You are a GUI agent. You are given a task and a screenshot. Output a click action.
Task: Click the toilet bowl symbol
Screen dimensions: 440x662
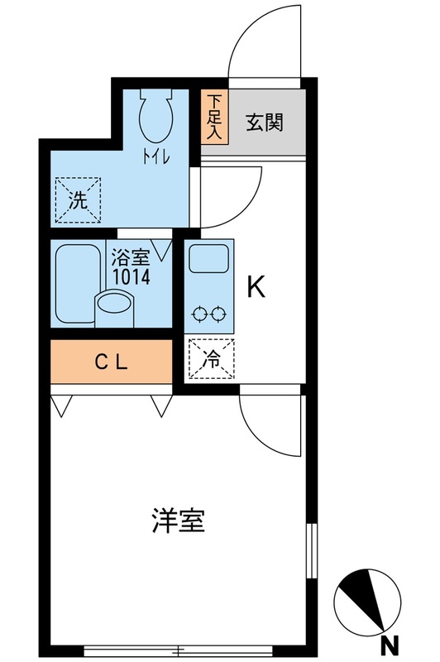(x=156, y=116)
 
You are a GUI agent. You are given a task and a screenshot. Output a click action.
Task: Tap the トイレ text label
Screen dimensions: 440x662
(x=156, y=157)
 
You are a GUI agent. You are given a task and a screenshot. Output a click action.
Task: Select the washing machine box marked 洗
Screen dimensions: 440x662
(x=78, y=199)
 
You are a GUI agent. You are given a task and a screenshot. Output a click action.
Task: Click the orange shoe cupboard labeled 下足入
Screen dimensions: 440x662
(x=215, y=117)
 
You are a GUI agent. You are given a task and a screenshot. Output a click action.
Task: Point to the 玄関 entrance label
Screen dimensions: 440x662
(x=265, y=122)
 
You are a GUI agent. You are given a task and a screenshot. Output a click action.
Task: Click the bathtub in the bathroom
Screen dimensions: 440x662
(x=76, y=284)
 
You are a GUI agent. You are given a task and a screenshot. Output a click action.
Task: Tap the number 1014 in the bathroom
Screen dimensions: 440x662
(x=131, y=277)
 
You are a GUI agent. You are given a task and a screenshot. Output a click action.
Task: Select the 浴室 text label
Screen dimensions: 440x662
(x=131, y=257)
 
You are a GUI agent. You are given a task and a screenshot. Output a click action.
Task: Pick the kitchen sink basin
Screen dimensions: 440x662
(x=208, y=258)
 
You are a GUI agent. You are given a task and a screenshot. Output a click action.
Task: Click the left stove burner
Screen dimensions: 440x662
(x=198, y=314)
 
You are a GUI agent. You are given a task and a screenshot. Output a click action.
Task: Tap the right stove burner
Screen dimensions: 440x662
(x=218, y=314)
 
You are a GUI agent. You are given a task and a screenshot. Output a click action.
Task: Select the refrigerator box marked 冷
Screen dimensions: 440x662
(x=212, y=358)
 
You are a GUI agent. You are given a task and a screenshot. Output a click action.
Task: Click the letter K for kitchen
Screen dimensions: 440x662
(x=256, y=286)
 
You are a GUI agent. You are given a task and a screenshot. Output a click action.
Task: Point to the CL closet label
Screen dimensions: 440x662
(x=112, y=362)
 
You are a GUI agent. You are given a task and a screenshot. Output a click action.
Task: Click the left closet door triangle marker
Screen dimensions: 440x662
(x=61, y=405)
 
